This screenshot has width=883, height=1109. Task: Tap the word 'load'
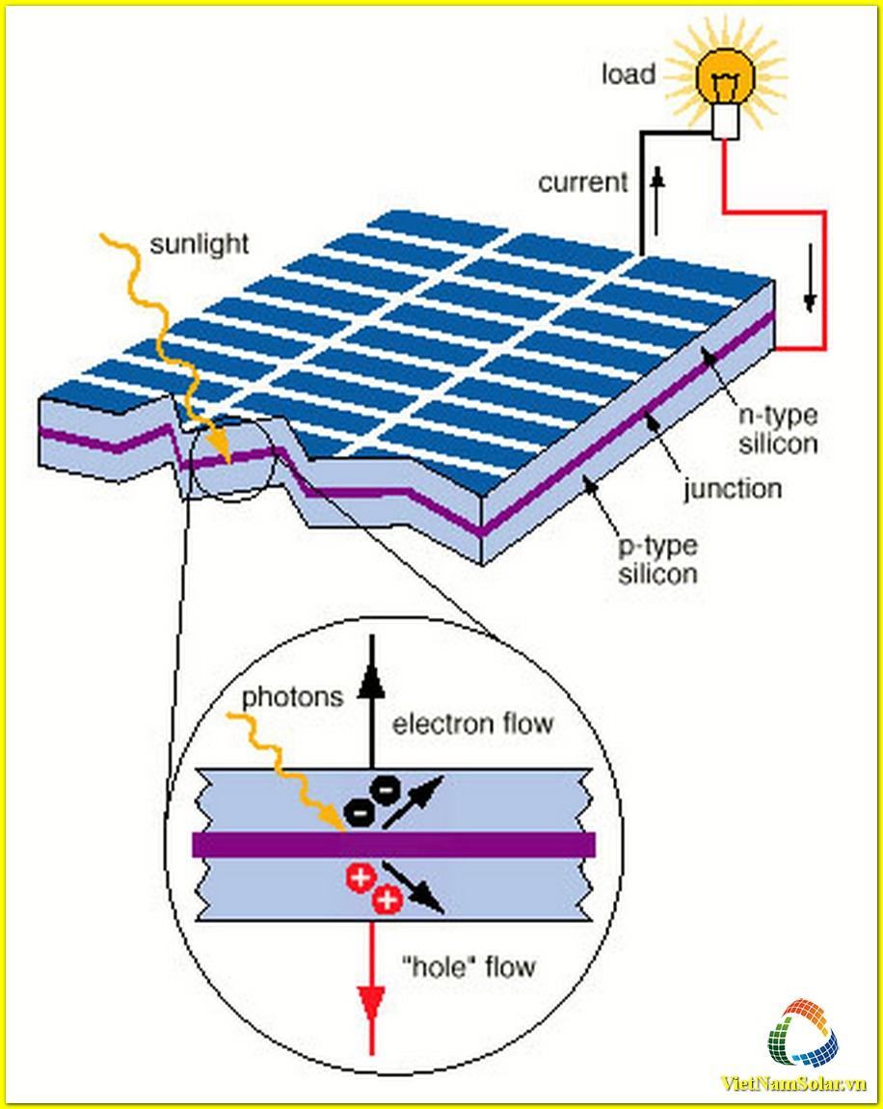click(x=629, y=73)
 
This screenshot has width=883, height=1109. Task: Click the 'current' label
click(x=582, y=182)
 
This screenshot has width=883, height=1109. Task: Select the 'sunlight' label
click(x=200, y=244)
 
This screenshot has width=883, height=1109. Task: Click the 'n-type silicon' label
click(x=778, y=430)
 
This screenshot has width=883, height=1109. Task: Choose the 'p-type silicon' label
click(x=658, y=559)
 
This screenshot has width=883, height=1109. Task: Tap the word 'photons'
click(x=292, y=698)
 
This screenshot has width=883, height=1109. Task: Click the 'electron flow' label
click(x=472, y=724)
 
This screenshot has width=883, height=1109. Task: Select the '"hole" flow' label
click(x=468, y=967)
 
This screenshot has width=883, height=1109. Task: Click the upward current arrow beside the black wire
click(x=657, y=201)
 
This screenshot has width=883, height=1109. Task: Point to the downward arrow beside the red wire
click(x=810, y=278)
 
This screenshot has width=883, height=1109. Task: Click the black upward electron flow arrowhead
click(x=370, y=684)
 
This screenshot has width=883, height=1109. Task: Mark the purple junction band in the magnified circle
click(x=393, y=844)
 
